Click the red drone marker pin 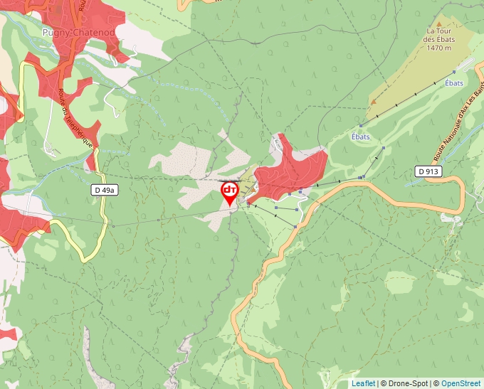pyautogui.click(x=229, y=193)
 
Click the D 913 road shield pyautogui.click(x=428, y=171)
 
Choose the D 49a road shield pyautogui.click(x=105, y=190)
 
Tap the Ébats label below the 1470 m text pyautogui.click(x=453, y=83)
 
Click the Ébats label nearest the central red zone pyautogui.click(x=361, y=137)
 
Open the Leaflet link pyautogui.click(x=363, y=383)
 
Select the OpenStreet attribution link pyautogui.click(x=461, y=383)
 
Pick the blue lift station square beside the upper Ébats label pyautogui.click(x=453, y=73)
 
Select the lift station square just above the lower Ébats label pyautogui.click(x=361, y=126)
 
